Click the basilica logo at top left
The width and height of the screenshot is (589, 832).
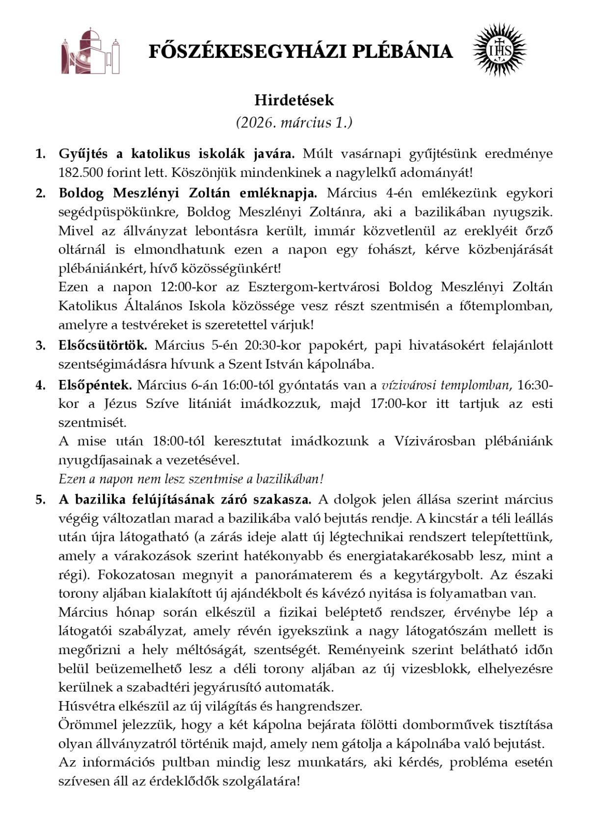coord(91,51)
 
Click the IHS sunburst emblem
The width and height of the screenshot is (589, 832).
coord(499,50)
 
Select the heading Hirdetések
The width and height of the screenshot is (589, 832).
coord(294,100)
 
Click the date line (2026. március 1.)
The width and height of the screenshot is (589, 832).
coord(294,123)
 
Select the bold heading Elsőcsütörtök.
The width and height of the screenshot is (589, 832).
coord(103,345)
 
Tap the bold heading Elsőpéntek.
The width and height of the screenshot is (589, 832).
coord(95,385)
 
